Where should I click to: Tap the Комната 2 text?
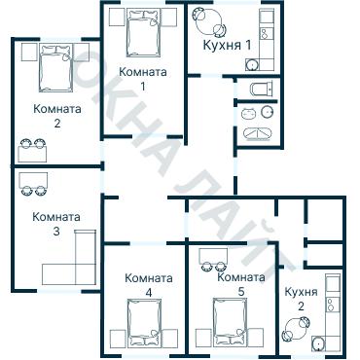click(x=57, y=116)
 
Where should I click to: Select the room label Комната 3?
click(x=56, y=224)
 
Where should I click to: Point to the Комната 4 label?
click(x=148, y=284)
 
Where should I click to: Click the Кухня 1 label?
click(x=226, y=46)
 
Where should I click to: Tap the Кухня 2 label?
click(x=300, y=298)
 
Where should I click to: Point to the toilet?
click(x=258, y=90)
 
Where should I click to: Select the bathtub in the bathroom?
click(x=257, y=133)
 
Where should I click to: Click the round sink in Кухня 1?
click(x=252, y=65)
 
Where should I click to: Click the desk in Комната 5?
click(x=214, y=255)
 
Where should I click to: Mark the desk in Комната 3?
click(x=32, y=180)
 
